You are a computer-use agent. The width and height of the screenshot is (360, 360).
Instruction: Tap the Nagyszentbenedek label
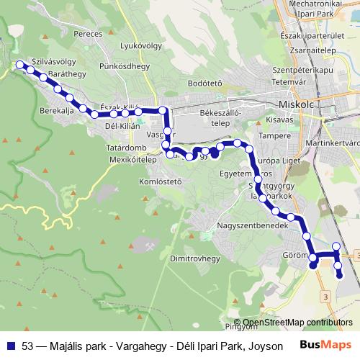(253, 225)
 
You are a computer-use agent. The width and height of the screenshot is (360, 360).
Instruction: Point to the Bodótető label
(204, 83)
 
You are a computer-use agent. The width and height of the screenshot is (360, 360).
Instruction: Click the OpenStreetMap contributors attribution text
(298, 323)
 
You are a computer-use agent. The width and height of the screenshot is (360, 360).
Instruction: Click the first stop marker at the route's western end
(20, 66)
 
